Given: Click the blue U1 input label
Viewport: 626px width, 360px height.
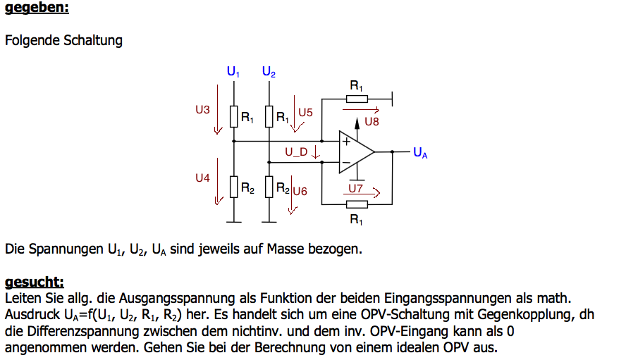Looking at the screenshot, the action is click(233, 71).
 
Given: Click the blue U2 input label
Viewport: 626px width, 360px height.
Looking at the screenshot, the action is click(269, 71).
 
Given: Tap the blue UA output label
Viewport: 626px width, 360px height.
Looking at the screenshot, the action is click(420, 152).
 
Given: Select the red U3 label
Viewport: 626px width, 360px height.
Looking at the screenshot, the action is click(202, 110).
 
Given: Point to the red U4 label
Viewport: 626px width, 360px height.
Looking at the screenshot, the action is click(202, 178).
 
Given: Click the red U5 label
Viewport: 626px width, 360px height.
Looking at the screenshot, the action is click(305, 113).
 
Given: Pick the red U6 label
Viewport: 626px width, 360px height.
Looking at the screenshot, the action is click(300, 192).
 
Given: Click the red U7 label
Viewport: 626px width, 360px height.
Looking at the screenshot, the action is click(356, 188).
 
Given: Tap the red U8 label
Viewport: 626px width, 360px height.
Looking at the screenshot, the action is click(372, 122).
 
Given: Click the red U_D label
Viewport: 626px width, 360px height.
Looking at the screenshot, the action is click(296, 152).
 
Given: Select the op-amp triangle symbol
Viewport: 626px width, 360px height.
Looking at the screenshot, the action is click(357, 151).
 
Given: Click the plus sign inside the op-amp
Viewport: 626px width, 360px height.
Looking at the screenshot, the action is click(347, 142).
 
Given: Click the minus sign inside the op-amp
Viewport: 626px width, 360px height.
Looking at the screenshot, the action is click(346, 163).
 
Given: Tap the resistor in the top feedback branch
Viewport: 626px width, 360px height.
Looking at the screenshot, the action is click(357, 99).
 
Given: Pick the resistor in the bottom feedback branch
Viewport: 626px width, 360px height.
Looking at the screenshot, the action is click(357, 205).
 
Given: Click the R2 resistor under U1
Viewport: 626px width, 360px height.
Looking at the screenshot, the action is click(234, 187).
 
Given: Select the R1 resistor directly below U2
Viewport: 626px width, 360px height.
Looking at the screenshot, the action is click(269, 116).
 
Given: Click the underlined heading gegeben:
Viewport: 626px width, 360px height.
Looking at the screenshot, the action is click(37, 8).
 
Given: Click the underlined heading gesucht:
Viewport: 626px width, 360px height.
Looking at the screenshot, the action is click(35, 282).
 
